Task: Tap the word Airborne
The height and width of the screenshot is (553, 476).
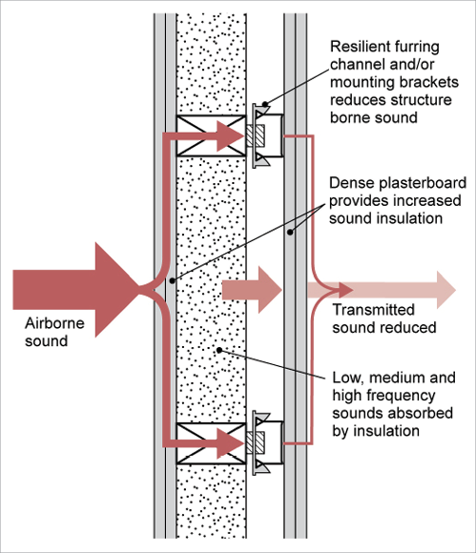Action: [x=54, y=323]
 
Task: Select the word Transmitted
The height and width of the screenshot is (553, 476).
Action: [x=373, y=310]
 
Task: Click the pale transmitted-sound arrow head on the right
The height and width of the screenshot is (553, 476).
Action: [x=446, y=290]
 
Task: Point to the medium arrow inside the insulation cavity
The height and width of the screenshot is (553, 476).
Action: [x=252, y=290]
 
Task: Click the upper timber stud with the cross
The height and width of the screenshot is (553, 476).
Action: [x=211, y=135]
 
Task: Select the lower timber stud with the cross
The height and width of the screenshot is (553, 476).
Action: [x=211, y=443]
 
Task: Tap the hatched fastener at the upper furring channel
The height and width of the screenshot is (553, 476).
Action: [x=256, y=135]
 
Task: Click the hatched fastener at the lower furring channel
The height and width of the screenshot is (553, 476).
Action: [x=256, y=443]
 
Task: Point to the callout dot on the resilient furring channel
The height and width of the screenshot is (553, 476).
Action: [x=265, y=104]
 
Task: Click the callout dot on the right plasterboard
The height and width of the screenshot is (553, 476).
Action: [x=290, y=232]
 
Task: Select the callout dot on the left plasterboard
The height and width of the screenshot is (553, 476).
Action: [x=173, y=280]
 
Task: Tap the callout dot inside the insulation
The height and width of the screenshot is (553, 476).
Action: [x=219, y=350]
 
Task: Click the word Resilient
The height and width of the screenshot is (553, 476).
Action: [x=361, y=47]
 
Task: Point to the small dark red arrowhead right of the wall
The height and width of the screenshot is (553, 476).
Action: [x=346, y=290]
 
